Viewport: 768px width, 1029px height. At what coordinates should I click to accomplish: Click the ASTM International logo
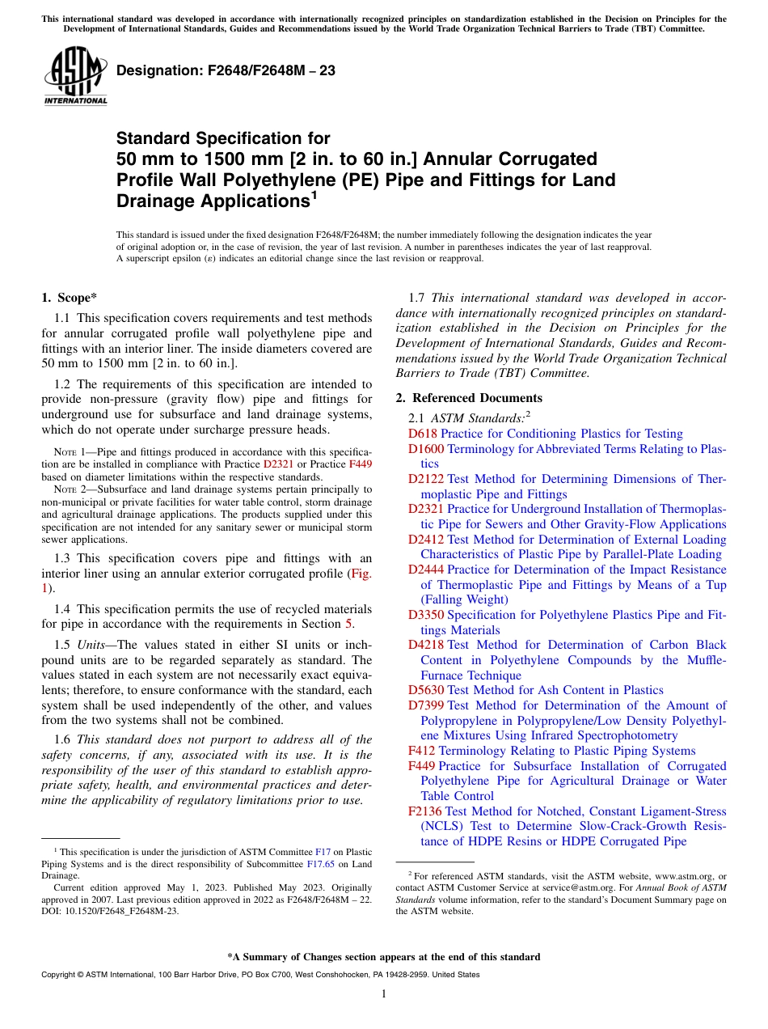pyautogui.click(x=75, y=78)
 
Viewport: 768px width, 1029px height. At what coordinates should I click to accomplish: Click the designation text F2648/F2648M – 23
pyautogui.click(x=226, y=71)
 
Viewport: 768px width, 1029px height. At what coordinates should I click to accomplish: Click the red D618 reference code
pyautogui.click(x=422, y=434)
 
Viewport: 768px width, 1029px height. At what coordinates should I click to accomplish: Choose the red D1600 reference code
pyautogui.click(x=425, y=449)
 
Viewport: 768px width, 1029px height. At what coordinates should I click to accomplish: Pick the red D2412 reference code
pyautogui.click(x=425, y=540)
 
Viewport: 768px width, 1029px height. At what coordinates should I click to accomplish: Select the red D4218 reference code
pyautogui.click(x=425, y=646)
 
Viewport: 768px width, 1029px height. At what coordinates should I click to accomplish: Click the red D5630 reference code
pyautogui.click(x=425, y=691)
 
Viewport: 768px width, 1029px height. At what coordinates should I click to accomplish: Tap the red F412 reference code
pyautogui.click(x=421, y=752)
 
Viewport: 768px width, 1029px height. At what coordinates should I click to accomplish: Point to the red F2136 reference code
pyautogui.click(x=424, y=811)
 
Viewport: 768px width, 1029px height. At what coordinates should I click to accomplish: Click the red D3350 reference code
pyautogui.click(x=425, y=616)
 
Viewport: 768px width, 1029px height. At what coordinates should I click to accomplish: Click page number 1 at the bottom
pyautogui.click(x=384, y=994)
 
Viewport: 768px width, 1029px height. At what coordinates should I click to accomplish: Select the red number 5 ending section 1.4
pyautogui.click(x=348, y=624)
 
